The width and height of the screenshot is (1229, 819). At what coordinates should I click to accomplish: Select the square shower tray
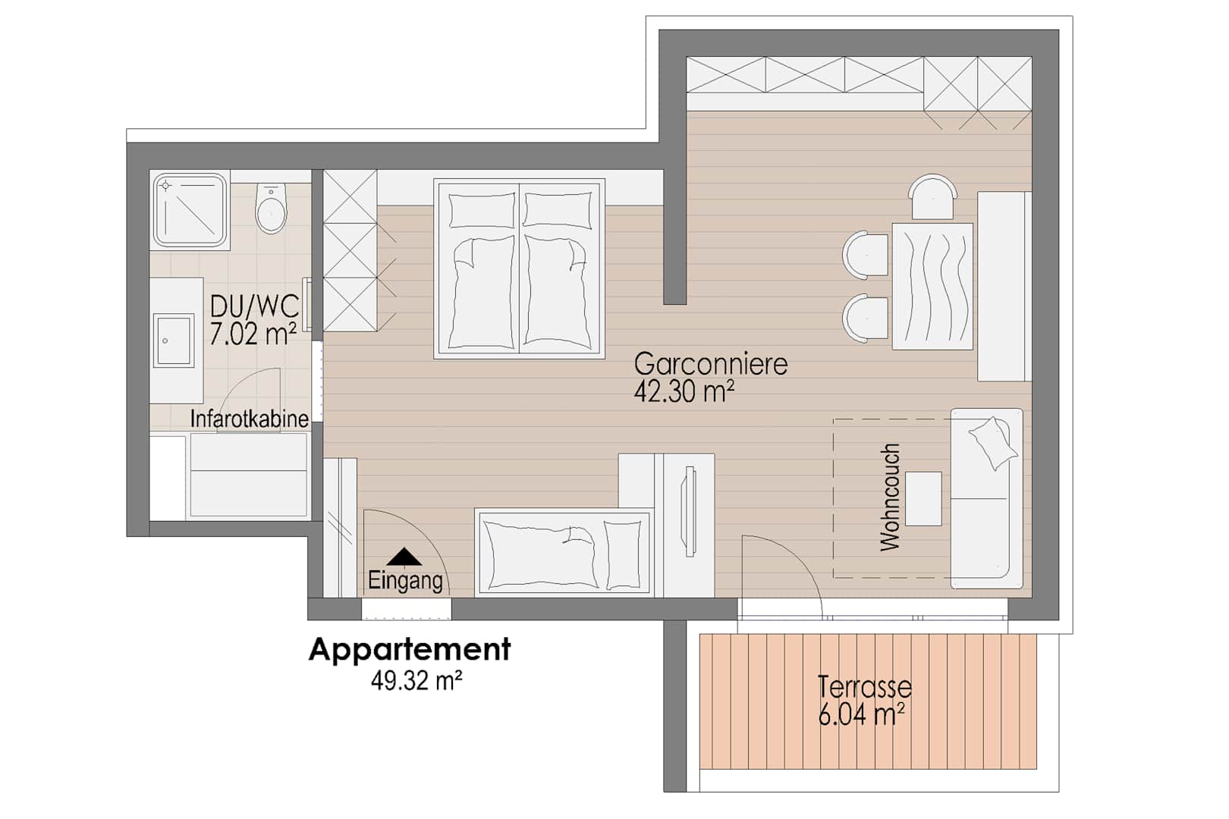(190, 210)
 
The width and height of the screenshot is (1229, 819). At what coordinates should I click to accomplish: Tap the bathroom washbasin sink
(174, 340)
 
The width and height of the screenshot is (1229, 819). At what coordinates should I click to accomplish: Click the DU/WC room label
(255, 306)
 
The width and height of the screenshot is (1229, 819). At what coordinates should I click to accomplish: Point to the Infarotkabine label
(250, 419)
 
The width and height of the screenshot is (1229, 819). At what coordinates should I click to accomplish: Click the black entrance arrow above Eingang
(404, 557)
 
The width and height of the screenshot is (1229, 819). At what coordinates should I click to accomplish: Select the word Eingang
(405, 580)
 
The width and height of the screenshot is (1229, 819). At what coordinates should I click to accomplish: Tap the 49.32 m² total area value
(416, 681)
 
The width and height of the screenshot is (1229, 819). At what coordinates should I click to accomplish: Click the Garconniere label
(711, 364)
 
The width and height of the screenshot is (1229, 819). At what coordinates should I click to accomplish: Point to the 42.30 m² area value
(684, 391)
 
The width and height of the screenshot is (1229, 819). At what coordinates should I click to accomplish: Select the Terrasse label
(865, 687)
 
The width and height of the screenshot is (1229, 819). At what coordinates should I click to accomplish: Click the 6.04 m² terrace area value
(861, 715)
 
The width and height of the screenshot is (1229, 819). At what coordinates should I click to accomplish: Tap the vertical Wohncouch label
(890, 497)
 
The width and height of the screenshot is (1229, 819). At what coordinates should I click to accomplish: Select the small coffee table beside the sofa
(923, 499)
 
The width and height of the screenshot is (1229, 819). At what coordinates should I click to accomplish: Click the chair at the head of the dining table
(932, 197)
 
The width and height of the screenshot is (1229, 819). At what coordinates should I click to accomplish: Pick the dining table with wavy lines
(932, 287)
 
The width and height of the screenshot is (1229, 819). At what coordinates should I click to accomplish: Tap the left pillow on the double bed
(482, 210)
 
